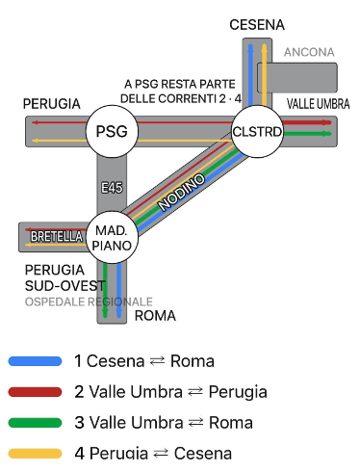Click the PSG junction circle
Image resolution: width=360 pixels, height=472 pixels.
point(112,131)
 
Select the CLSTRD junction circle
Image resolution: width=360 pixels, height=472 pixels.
point(257,131)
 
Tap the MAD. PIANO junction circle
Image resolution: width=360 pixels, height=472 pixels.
point(112,237)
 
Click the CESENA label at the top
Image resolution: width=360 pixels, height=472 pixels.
point(257,25)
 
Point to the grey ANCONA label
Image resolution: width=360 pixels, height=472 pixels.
point(309,52)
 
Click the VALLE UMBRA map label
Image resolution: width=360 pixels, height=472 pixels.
point(318,104)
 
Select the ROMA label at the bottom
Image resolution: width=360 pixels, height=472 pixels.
point(155,316)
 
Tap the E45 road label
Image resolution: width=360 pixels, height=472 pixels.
point(112,188)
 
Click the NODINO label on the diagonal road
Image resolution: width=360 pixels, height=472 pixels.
point(181,192)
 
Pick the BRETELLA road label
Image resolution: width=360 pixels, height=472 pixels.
point(57,237)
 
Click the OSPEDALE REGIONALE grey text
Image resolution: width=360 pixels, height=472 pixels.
point(89,302)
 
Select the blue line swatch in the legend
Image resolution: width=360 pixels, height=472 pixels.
point(35,361)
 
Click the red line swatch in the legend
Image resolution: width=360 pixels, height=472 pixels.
point(35,392)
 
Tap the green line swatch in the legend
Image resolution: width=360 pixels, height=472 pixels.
point(35,423)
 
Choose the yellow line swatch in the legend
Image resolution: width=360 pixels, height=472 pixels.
point(35,454)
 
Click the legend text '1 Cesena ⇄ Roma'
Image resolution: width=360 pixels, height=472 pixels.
point(144,361)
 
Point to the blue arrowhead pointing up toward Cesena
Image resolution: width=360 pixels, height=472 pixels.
point(250,48)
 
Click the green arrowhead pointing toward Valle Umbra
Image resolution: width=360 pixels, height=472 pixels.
point(327,134)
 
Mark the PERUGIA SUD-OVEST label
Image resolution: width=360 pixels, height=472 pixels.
point(65,277)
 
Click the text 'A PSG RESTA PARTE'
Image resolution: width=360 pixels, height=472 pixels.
point(180,84)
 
